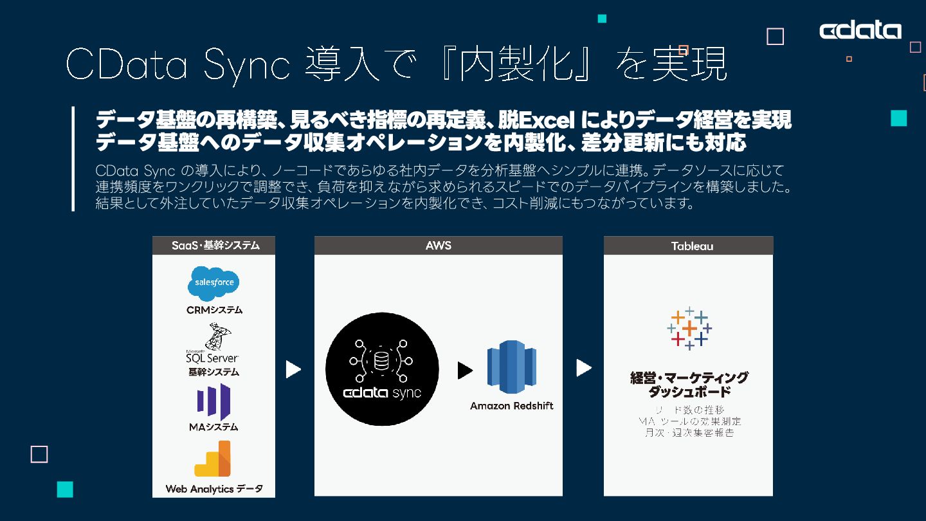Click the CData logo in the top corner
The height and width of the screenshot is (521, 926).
860,30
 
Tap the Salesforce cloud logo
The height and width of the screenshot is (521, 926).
213,284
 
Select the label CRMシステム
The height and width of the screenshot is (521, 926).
214,310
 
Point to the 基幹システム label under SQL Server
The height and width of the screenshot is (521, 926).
213,372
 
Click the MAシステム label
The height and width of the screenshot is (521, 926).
213,426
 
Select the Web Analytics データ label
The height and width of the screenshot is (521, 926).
213,489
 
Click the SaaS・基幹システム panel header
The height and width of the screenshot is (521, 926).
213,246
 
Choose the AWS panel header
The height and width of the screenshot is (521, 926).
438,246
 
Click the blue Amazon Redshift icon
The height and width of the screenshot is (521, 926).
511,367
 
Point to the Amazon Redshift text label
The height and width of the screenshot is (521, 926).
511,406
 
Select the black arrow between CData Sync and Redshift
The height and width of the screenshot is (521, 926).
464,370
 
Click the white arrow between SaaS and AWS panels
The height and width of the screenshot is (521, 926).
293,369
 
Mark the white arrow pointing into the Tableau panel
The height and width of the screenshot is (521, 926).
583,368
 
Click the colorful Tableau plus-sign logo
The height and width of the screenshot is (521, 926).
689,328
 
